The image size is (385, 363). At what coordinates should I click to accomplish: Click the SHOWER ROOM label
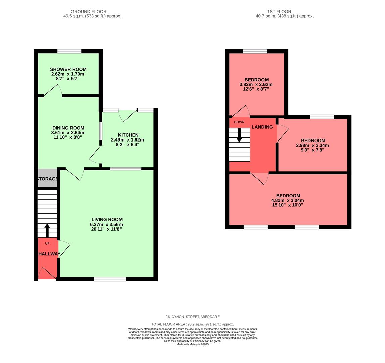point(68,69)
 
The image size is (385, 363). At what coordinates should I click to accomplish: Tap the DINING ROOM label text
point(68,128)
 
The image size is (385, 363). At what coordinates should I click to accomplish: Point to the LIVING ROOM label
point(107,220)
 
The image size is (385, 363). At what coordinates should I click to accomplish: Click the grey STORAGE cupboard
point(47,178)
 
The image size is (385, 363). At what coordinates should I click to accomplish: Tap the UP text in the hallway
point(47,243)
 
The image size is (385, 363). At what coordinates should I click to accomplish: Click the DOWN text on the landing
point(239,122)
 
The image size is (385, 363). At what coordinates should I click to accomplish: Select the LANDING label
point(262,127)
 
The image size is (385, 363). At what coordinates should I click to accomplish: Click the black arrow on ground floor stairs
point(47,230)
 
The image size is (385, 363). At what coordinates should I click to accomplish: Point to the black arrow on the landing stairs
point(239,135)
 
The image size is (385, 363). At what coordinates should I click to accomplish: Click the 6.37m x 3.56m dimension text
point(107,225)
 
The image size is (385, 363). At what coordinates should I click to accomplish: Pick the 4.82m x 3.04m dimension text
point(288,200)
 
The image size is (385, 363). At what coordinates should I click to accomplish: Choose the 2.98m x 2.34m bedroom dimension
point(312,146)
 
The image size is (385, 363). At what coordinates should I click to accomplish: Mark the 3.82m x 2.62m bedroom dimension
point(256,85)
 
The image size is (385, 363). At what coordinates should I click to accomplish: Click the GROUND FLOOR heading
point(92,11)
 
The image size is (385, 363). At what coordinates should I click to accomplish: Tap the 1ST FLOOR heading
point(284,11)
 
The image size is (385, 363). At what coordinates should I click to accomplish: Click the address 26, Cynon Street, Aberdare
point(192,317)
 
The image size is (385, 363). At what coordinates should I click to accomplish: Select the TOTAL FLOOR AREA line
point(192,324)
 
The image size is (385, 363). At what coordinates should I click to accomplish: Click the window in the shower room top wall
point(69,51)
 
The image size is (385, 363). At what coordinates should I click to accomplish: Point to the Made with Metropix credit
point(192,344)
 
